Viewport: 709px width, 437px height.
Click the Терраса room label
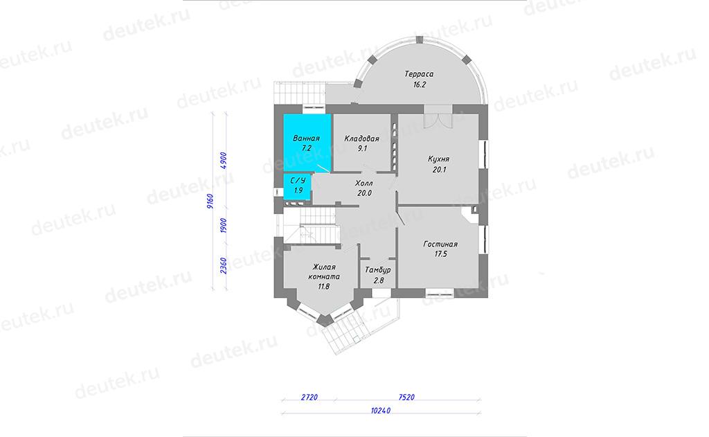(419, 74)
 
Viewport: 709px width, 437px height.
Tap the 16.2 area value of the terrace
(420, 84)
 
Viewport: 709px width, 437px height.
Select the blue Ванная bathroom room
(307, 143)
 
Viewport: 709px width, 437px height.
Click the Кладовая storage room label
(361, 139)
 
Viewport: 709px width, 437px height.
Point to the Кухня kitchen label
(438, 159)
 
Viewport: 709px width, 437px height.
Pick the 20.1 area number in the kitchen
(439, 170)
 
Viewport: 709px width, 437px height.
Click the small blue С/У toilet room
(297, 186)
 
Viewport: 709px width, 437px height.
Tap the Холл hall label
(364, 184)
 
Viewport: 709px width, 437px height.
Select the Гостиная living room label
(440, 244)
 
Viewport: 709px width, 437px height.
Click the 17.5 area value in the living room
(440, 254)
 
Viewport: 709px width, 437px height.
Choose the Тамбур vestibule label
(378, 270)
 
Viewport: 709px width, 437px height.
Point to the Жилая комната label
(324, 272)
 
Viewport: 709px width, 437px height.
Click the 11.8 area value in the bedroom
(324, 286)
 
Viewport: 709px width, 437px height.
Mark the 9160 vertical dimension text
(210, 201)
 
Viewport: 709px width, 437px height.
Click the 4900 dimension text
(224, 161)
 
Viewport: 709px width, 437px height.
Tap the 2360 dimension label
(224, 266)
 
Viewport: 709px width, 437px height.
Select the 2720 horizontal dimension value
(309, 398)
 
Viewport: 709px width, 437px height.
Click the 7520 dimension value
(406, 398)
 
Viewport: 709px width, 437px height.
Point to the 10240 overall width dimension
(381, 411)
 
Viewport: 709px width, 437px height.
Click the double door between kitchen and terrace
(438, 117)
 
